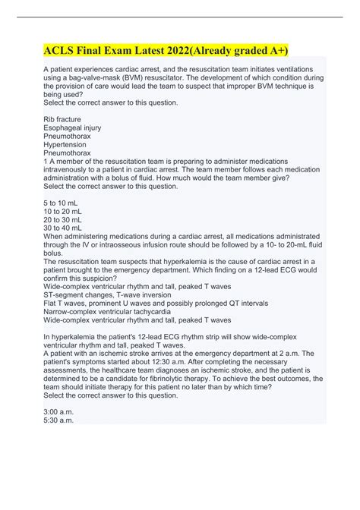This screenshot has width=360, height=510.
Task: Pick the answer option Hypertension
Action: pos(65,144)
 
